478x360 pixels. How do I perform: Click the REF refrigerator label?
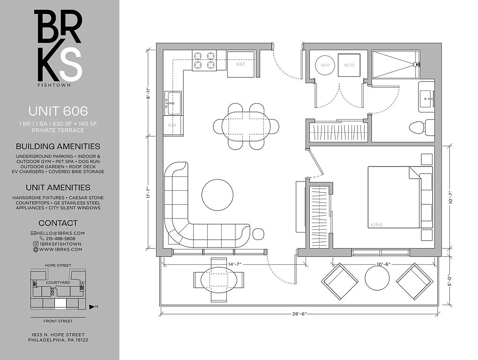point(240,64)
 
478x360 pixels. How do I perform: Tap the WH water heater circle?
point(325,65)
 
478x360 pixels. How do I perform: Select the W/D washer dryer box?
point(349,65)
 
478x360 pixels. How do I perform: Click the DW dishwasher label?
point(172,125)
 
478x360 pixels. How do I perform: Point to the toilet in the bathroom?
point(422,127)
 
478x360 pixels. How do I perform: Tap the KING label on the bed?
point(377,225)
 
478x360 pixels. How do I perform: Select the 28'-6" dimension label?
point(299,314)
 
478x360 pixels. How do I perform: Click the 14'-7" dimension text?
point(234,264)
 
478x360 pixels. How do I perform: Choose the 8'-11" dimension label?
point(149,94)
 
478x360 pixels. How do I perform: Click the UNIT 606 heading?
point(58,111)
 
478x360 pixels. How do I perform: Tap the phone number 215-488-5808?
point(60,239)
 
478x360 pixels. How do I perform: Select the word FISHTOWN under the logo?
point(54,85)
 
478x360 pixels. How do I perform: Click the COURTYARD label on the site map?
point(58,283)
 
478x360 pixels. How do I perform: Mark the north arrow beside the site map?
point(92,307)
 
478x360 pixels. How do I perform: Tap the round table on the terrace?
point(377,278)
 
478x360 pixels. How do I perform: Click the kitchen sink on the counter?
point(173,103)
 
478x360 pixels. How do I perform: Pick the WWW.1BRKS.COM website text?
point(60,249)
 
